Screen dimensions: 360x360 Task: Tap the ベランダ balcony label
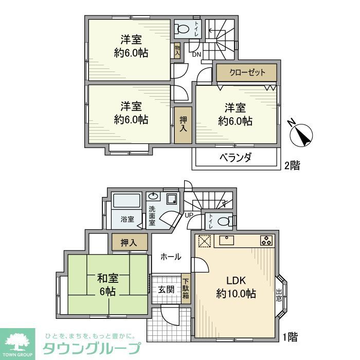pyautogui.click(x=237, y=158)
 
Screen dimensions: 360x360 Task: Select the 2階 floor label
pyautogui.click(x=292, y=166)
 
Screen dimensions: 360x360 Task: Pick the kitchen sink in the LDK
pyautogui.click(x=227, y=240)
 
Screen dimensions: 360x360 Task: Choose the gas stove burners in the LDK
pyautogui.click(x=266, y=240)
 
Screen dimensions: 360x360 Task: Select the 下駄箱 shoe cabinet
pyautogui.click(x=185, y=289)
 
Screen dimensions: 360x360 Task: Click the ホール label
pyautogui.click(x=170, y=256)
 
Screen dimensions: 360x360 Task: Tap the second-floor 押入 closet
pyautogui.click(x=183, y=124)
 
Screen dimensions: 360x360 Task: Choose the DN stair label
pyautogui.click(x=196, y=55)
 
